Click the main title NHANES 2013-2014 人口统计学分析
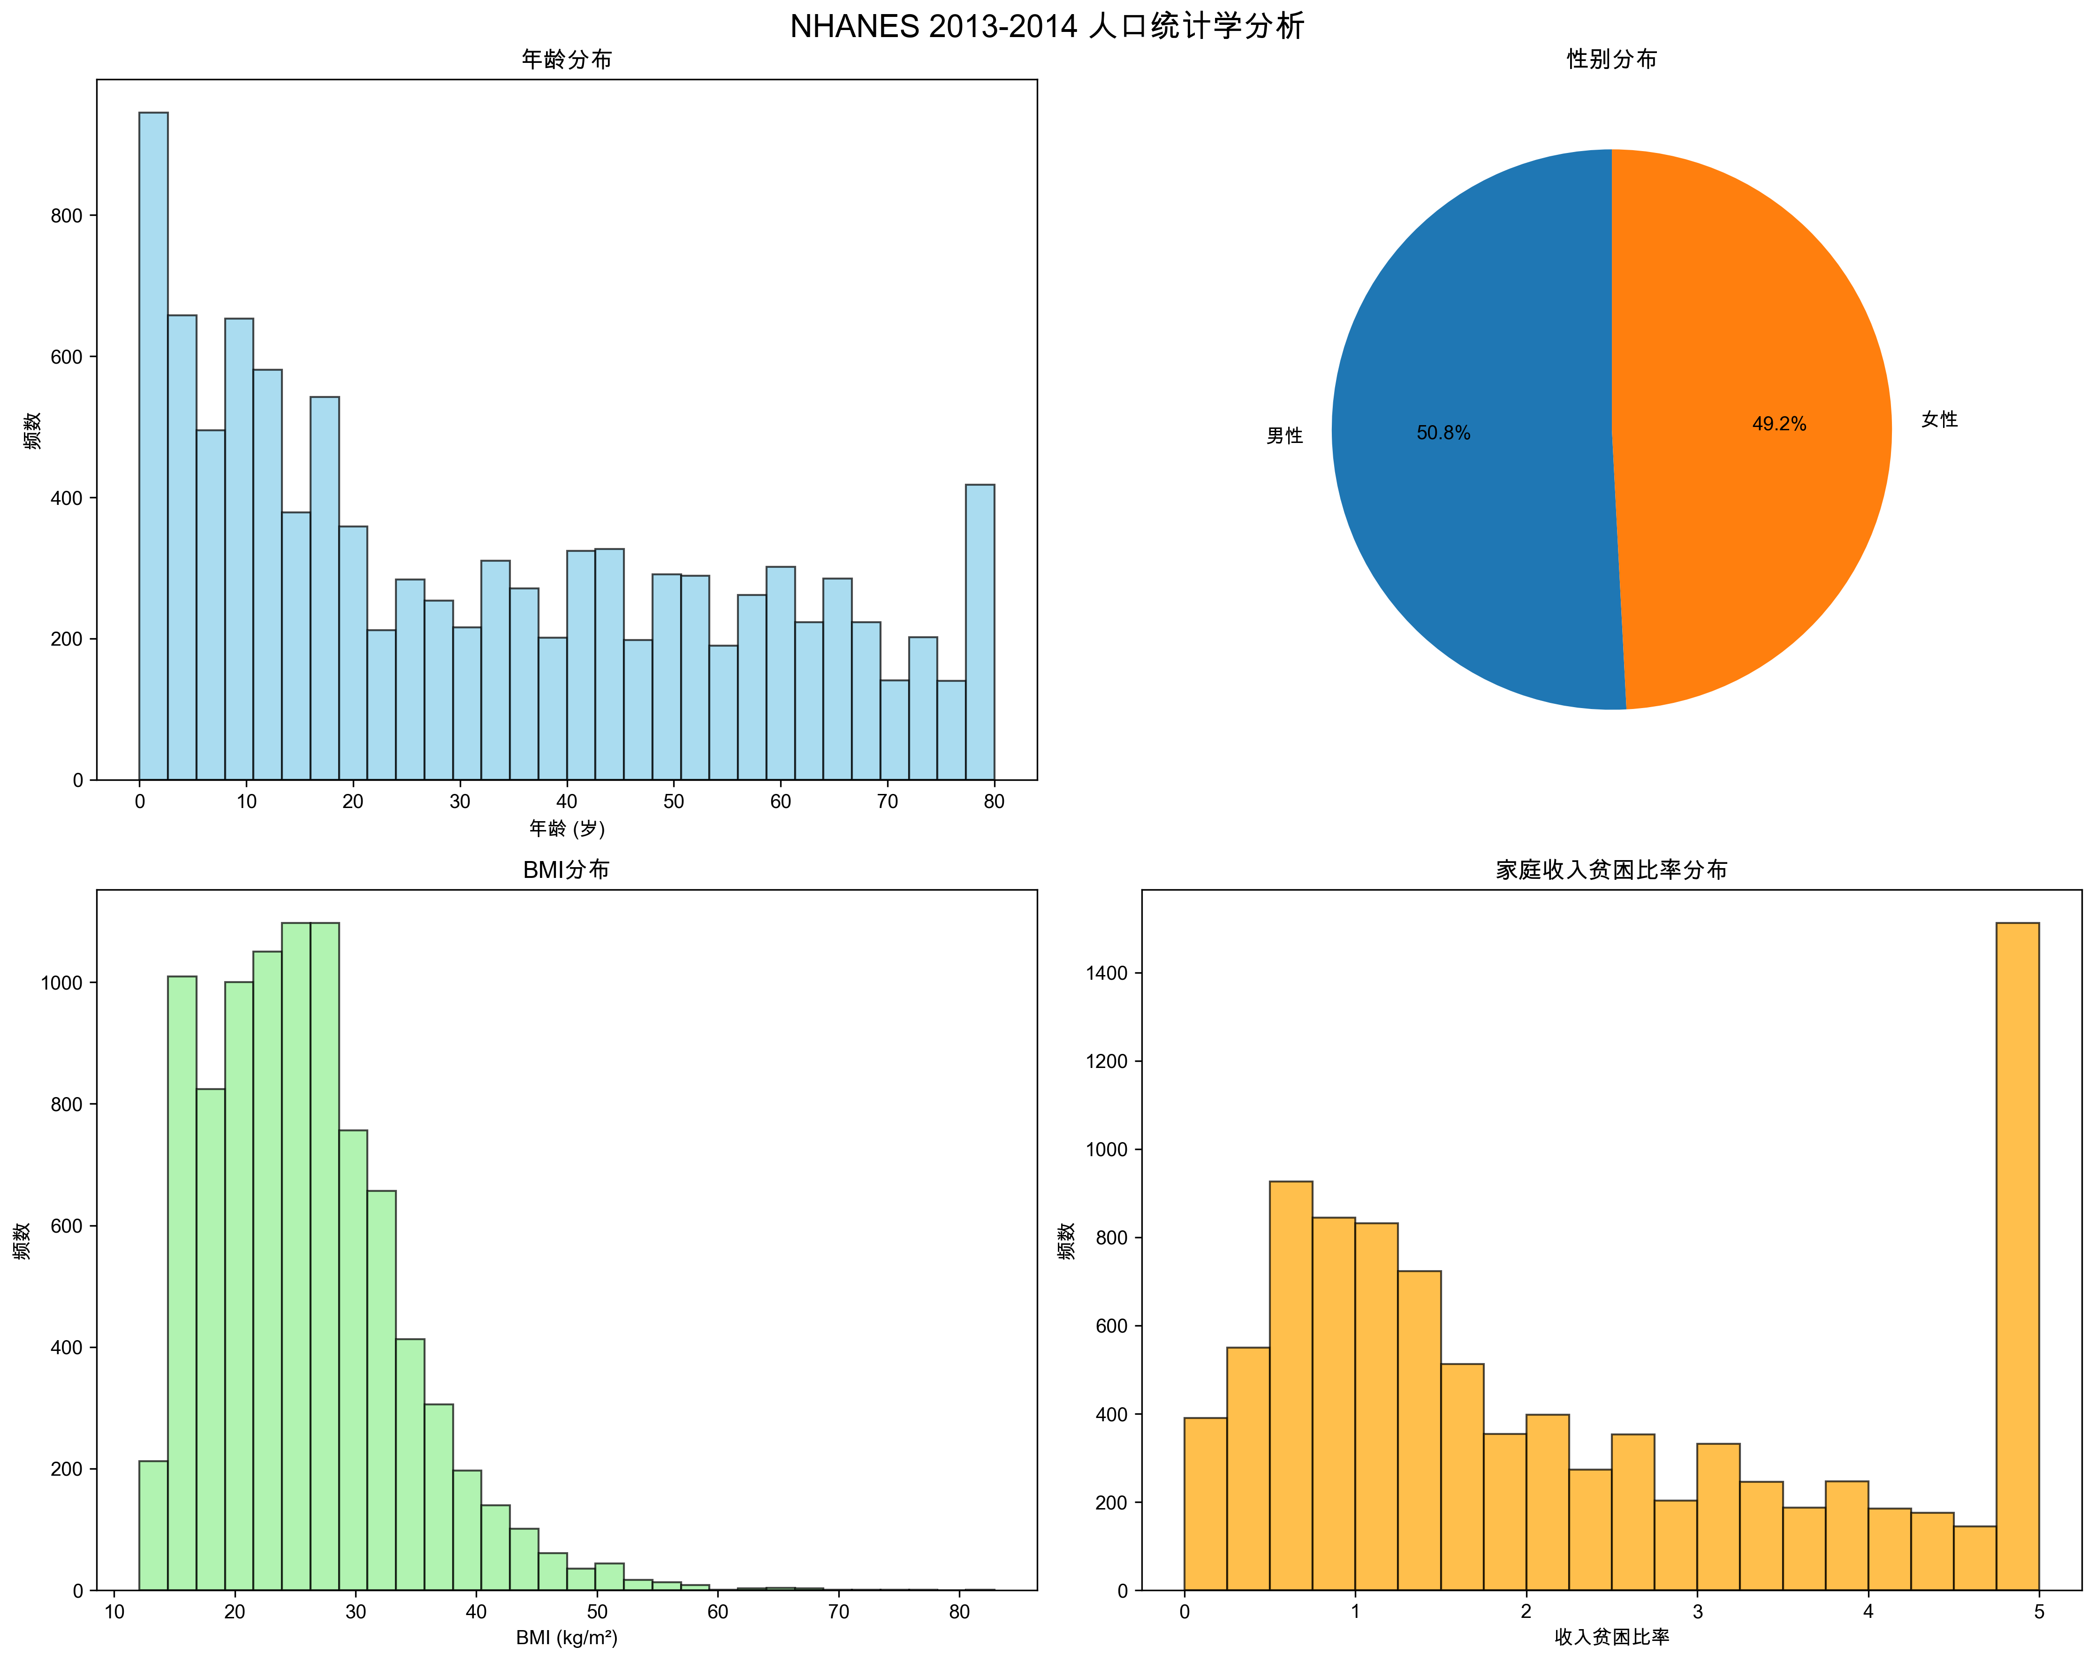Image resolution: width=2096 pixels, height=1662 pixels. click(x=1047, y=26)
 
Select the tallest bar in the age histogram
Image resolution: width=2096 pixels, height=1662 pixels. click(x=153, y=447)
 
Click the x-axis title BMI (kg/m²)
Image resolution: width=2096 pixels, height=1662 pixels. click(x=567, y=1638)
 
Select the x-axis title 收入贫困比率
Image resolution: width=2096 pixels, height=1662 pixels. click(x=1611, y=1638)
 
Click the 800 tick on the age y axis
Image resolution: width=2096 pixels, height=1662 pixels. click(x=66, y=216)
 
